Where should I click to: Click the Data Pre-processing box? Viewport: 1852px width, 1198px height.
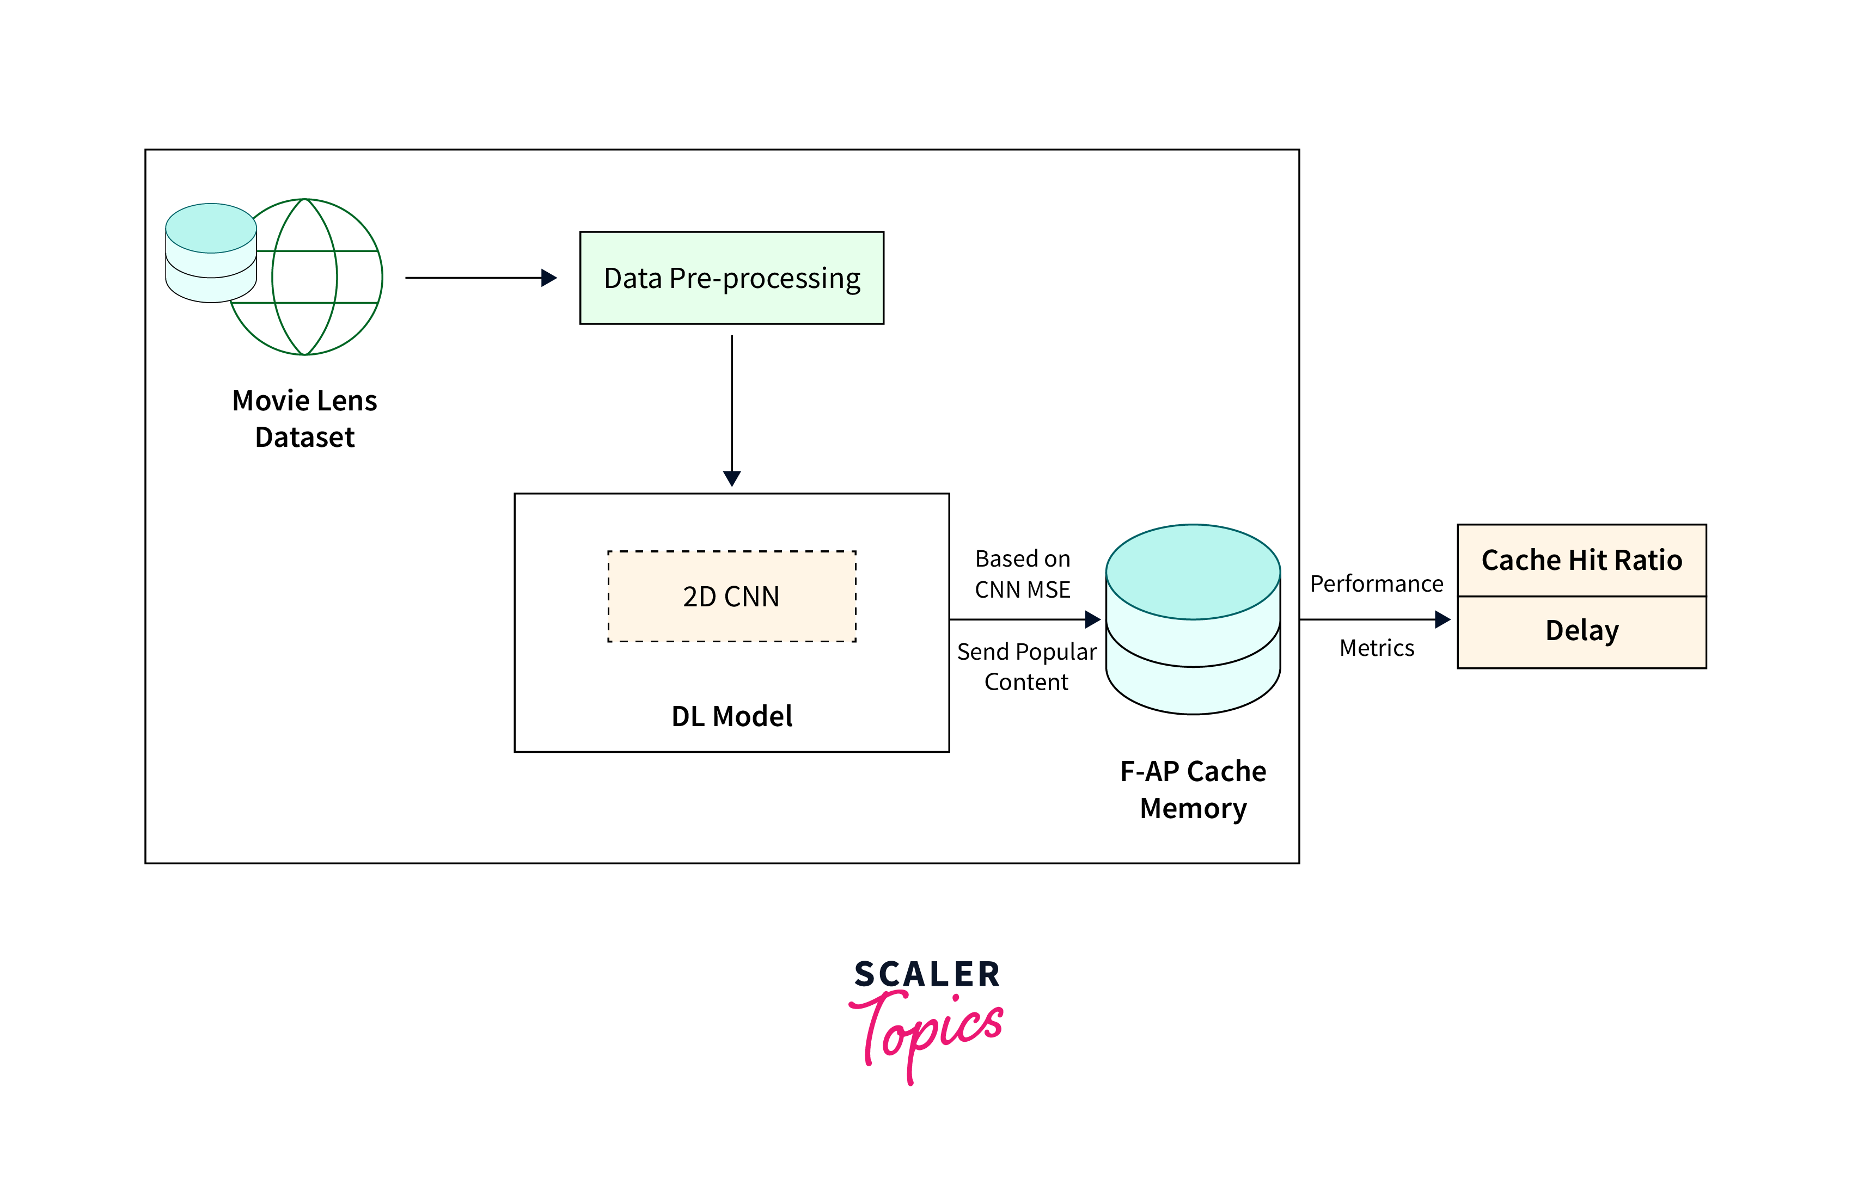(x=731, y=278)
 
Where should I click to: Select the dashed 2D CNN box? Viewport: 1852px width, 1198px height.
(x=731, y=597)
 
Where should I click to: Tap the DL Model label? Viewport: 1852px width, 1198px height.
(x=731, y=716)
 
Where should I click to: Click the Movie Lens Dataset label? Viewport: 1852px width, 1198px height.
(x=304, y=419)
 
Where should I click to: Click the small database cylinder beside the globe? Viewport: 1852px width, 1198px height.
(x=211, y=253)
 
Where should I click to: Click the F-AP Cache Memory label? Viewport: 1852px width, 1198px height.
(x=1193, y=790)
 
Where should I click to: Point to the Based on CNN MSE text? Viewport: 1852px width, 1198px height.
(x=1023, y=574)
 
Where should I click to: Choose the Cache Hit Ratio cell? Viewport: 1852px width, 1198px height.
(x=1581, y=560)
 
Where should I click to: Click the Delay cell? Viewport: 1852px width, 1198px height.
(x=1581, y=631)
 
